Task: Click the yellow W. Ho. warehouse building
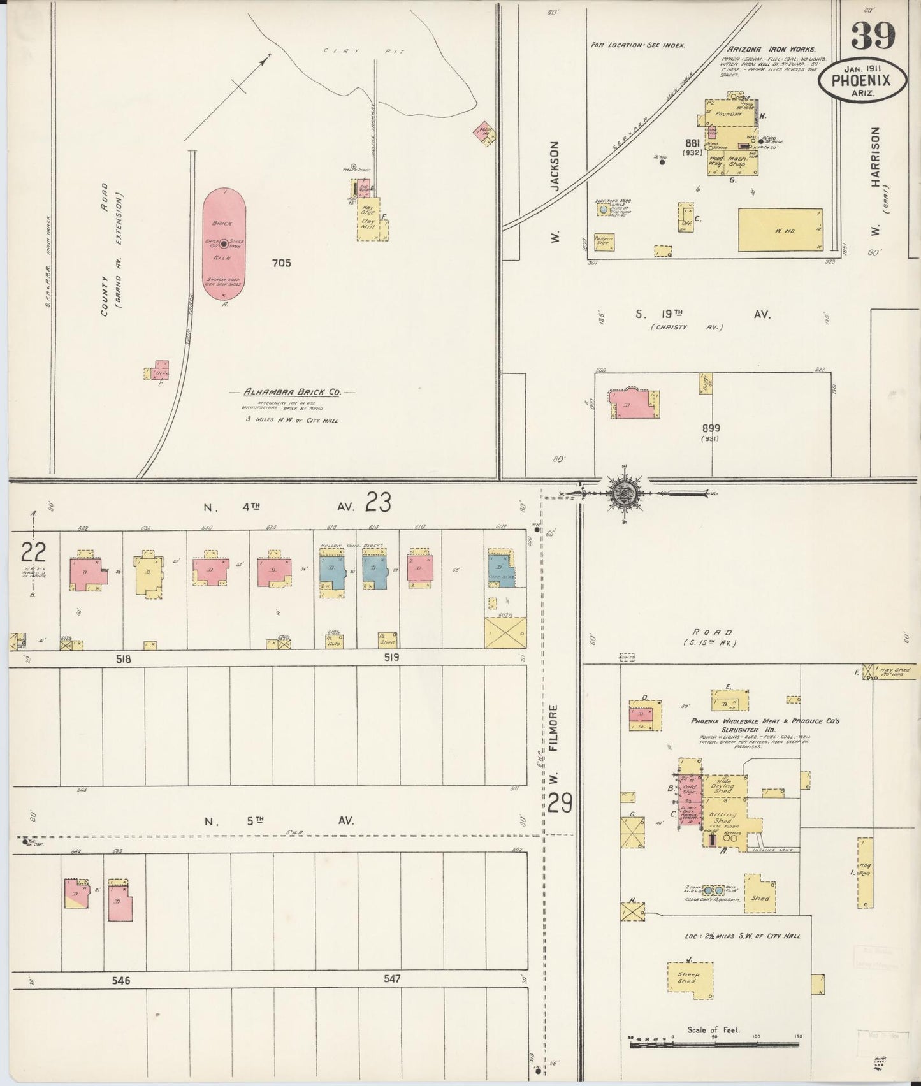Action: pyautogui.click(x=780, y=230)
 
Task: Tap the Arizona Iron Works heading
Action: pyautogui.click(x=771, y=48)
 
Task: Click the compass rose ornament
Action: pyautogui.click(x=623, y=492)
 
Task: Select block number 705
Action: pyautogui.click(x=280, y=263)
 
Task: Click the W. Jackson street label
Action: pyautogui.click(x=555, y=191)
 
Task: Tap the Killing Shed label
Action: pyautogui.click(x=724, y=818)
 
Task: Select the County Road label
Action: pyautogui.click(x=104, y=249)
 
